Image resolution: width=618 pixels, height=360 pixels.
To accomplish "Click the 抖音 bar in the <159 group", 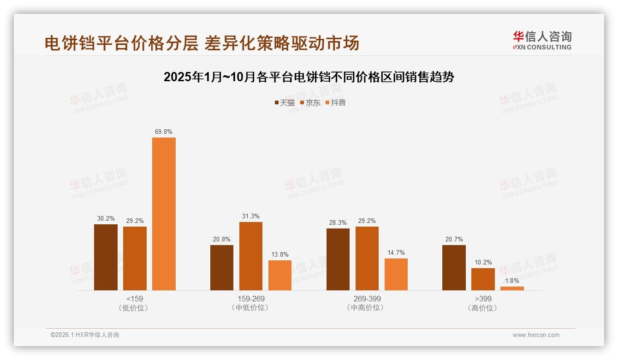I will coord(164,214).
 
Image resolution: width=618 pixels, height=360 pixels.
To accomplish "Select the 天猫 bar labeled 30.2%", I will coord(106,257).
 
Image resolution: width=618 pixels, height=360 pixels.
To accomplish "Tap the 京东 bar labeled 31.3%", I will coord(250,256).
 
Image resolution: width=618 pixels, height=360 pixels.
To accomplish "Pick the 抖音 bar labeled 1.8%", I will coord(512,288).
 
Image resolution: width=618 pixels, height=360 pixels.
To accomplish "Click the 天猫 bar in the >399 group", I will coord(454,268).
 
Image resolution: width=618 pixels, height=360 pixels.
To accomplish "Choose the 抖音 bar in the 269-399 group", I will coord(396,274).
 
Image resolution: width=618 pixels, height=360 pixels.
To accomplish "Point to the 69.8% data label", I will coord(164,132).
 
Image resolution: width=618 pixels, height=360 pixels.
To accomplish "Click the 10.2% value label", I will coord(483,263).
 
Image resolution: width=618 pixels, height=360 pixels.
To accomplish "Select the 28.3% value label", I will coord(338,223).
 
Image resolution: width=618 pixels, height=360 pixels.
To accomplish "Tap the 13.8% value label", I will coord(280,255).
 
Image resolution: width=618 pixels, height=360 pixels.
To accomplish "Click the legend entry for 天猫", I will coord(285,102).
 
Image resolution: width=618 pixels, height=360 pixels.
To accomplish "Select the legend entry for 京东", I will coord(310,102).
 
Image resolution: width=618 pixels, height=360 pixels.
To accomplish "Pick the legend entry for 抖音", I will coord(336,102).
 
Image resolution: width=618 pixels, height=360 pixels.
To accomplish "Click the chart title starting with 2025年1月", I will coord(309,77).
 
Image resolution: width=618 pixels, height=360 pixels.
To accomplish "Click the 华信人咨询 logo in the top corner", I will coord(542,40).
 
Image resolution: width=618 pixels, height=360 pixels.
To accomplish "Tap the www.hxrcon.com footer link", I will coord(536,335).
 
